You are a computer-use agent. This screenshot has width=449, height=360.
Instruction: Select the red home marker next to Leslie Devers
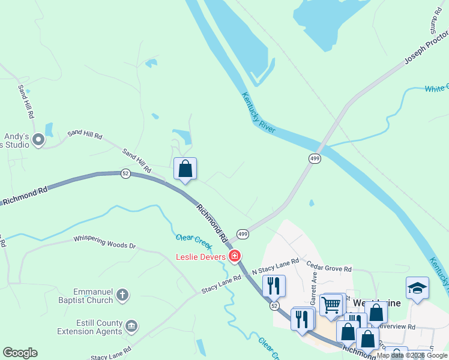[235, 257]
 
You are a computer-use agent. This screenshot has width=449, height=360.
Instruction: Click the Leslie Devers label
[200, 257]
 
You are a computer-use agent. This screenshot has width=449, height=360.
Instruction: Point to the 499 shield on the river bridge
[315, 158]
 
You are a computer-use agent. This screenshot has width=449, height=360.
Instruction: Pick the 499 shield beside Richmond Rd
[242, 233]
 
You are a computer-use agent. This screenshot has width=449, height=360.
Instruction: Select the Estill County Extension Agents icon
[131, 326]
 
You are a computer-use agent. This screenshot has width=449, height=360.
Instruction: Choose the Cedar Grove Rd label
[329, 266]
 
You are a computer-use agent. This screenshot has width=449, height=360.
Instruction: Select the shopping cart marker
[331, 305]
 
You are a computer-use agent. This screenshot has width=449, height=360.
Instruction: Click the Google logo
[20, 353]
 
